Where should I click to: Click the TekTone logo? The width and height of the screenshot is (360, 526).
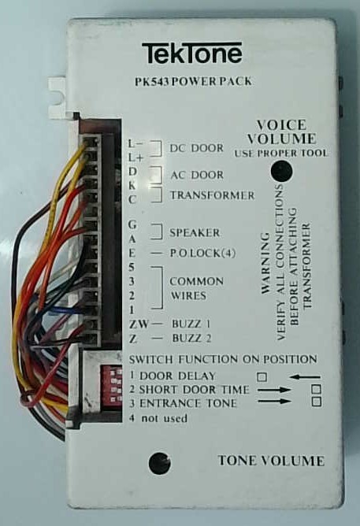[x=191, y=53]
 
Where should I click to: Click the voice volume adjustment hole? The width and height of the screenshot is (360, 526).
[x=281, y=171]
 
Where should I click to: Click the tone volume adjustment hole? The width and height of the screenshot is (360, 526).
[x=159, y=463]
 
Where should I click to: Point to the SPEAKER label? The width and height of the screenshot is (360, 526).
[x=195, y=233]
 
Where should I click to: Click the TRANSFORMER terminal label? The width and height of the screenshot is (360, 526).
[x=213, y=195]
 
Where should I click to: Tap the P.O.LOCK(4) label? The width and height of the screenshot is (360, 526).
[x=202, y=253]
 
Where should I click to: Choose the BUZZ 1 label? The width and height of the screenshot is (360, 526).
[x=191, y=324]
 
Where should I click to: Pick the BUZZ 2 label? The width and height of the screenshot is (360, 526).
[x=191, y=338]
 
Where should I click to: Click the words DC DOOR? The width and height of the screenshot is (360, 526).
[x=196, y=148]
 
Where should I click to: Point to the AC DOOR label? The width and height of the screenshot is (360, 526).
[x=197, y=175]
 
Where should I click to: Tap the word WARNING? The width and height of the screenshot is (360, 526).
[x=265, y=264]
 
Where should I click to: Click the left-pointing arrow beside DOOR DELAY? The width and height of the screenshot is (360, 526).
[x=305, y=377]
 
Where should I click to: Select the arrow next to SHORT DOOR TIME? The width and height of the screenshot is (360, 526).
[x=274, y=390]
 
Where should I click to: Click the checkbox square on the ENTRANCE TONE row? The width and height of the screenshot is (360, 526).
[x=316, y=402]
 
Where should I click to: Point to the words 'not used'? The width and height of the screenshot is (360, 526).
[x=164, y=419]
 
